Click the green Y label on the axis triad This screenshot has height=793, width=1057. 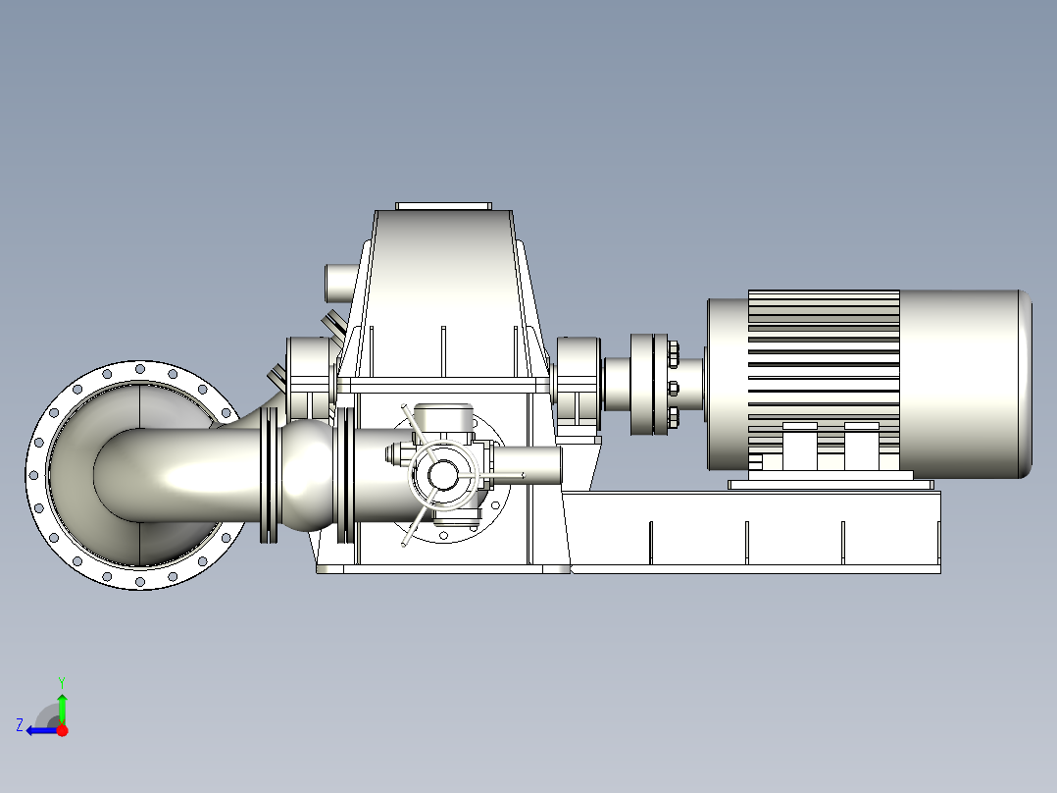[x=62, y=682]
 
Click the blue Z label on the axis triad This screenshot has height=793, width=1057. [x=20, y=725]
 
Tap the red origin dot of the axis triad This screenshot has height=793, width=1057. [x=62, y=730]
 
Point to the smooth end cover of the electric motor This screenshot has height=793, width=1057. [x=965, y=384]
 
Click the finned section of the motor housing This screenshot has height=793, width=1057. [x=824, y=378]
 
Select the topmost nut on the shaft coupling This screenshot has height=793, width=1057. [x=673, y=352]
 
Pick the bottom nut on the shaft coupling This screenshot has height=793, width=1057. [x=673, y=413]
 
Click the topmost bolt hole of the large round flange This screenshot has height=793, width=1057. [x=139, y=369]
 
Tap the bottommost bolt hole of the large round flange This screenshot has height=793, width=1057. [x=139, y=581]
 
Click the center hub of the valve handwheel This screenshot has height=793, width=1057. [x=442, y=474]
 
